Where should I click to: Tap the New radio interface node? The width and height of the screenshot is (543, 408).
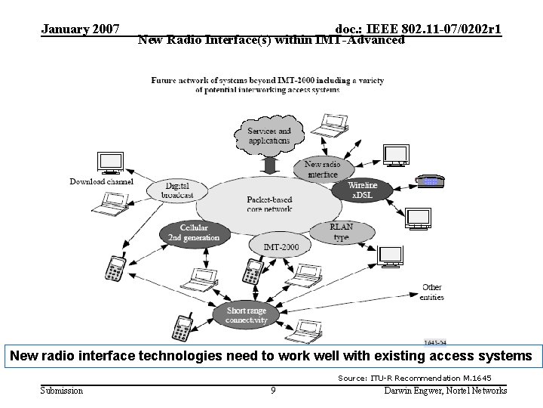pos(322,168)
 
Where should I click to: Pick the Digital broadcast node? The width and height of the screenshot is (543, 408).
pos(177,190)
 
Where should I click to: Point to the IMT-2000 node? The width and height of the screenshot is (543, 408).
pos(281,247)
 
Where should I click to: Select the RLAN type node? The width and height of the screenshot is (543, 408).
pos(341,232)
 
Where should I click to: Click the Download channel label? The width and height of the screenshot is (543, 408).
pos(102,181)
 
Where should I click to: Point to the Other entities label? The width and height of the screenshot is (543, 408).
pos(432,292)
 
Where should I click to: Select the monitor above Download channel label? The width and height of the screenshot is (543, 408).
pos(110,162)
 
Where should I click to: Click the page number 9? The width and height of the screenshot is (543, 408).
pos(272,391)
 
